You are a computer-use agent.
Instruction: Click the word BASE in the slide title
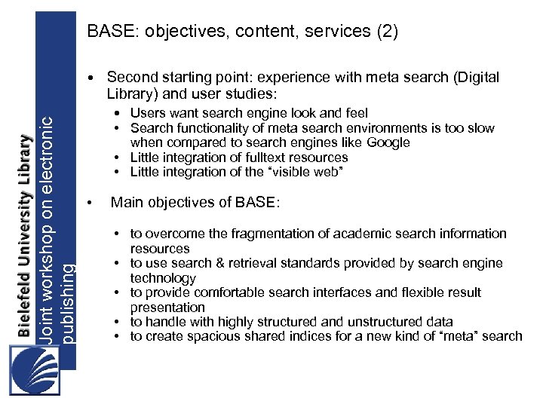coord(107,32)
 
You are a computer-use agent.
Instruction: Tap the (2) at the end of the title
coord(385,32)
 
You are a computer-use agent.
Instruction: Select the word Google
coord(389,142)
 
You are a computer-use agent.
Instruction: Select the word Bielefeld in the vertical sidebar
coord(25,301)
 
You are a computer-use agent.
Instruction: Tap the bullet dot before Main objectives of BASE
coord(90,203)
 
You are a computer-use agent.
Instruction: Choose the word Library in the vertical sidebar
coord(25,163)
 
